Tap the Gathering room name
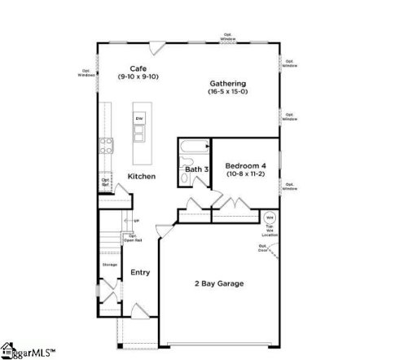coord(227,84)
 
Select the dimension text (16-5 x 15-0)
coord(227,92)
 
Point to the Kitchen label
coord(141,176)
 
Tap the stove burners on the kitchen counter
coord(106,146)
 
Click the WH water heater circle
coord(270,218)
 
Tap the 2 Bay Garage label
coord(218,283)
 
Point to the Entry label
coord(140,272)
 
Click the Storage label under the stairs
coord(109,265)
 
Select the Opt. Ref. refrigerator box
coord(106,183)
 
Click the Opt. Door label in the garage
coord(264,248)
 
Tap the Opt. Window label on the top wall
coord(229,36)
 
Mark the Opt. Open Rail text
coord(132,239)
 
